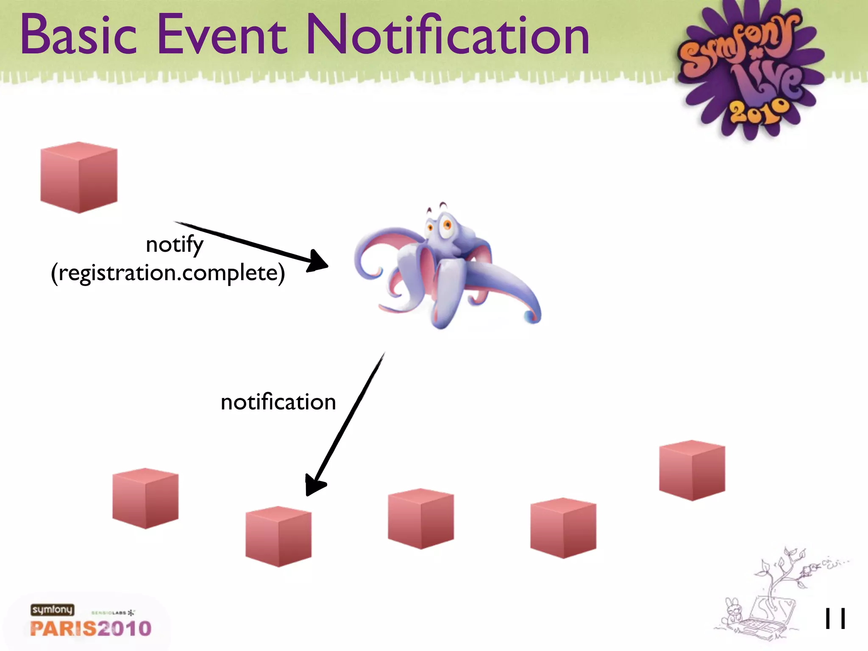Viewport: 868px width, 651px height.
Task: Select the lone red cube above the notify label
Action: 79,177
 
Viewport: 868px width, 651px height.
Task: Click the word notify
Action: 174,245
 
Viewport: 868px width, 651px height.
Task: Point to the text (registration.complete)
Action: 168,273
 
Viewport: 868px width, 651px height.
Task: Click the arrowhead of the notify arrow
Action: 318,261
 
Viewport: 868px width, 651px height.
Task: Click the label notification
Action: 278,402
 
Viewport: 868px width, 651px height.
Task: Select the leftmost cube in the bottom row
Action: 145,498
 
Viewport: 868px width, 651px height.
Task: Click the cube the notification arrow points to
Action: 278,537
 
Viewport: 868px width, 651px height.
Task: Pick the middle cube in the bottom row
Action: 421,519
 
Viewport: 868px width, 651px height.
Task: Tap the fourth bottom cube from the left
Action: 563,528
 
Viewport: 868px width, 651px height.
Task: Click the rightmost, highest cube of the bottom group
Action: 692,470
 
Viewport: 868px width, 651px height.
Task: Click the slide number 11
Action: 835,619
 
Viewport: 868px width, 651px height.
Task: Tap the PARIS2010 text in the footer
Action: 91,628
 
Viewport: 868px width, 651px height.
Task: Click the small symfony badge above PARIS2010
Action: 52,609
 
